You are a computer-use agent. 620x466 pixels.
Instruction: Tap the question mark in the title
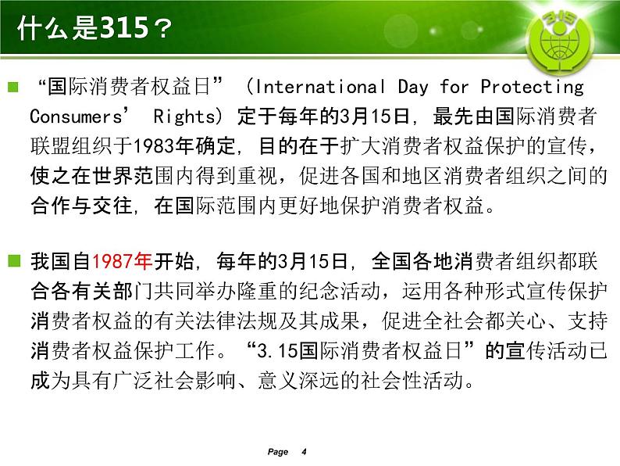point(162,28)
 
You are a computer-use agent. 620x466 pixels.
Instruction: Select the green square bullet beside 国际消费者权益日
point(13,87)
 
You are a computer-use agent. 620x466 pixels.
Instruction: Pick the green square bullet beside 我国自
point(14,261)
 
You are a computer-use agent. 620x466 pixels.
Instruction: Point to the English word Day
point(413,87)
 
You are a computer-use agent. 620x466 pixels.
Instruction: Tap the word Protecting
point(532,87)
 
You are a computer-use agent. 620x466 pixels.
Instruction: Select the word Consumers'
point(79,116)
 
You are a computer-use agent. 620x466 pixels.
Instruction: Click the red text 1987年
point(122,261)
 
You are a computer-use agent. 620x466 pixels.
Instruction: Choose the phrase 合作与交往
point(81,205)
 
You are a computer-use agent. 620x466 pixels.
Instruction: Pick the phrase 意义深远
point(298,380)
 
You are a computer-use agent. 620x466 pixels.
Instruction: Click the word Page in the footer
point(277,452)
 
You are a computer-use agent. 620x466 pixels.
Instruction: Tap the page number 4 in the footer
point(304,451)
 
